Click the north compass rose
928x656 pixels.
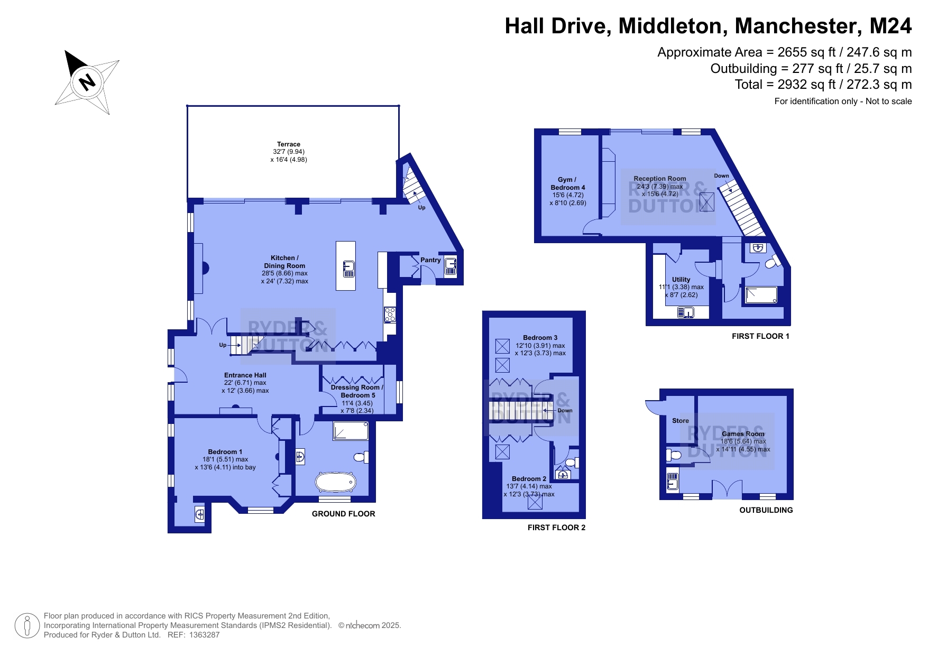point(87,82)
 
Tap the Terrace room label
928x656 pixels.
point(289,144)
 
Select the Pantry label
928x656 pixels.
point(430,260)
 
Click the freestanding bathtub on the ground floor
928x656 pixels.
point(335,482)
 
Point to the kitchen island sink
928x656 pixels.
point(348,269)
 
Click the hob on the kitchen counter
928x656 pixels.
point(390,315)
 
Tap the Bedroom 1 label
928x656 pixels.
point(225,452)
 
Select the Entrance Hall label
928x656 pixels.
point(245,375)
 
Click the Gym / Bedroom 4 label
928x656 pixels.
point(568,183)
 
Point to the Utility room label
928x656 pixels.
point(681,280)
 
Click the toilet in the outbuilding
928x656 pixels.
point(673,455)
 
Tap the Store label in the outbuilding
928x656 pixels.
point(681,421)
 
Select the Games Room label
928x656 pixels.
point(743,434)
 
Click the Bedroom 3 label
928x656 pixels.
point(540,338)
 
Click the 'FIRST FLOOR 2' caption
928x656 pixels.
point(556,528)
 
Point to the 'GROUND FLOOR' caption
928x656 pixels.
point(343,514)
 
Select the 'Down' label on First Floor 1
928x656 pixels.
point(721,176)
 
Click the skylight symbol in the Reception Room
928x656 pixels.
point(707,202)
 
